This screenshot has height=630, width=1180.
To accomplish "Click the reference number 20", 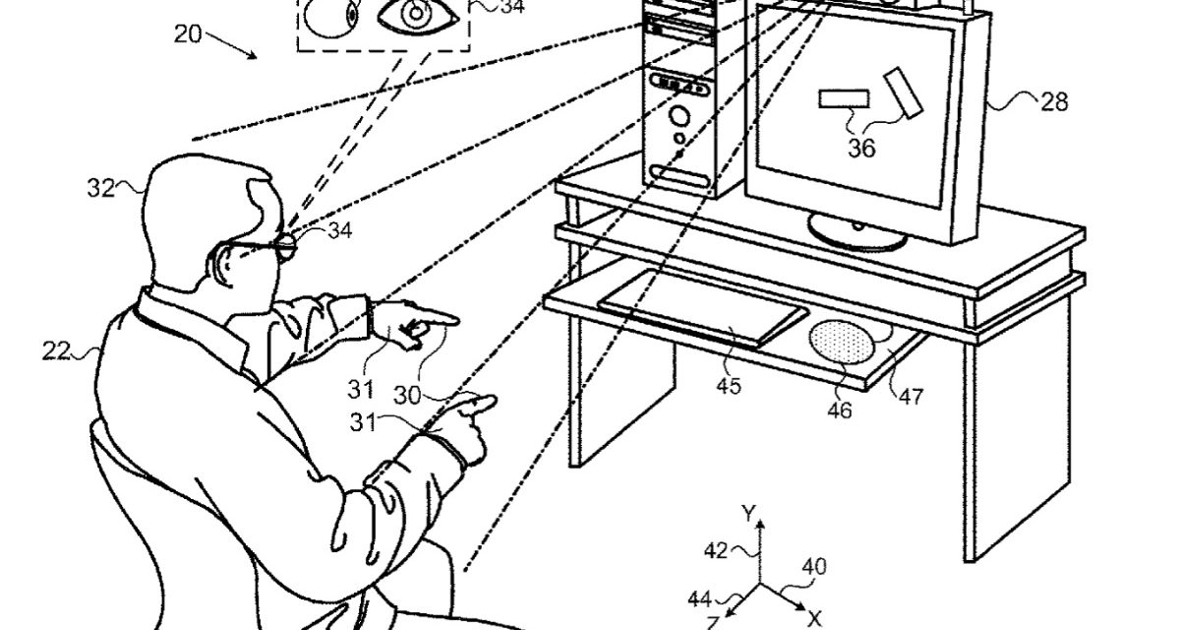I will click(x=189, y=34).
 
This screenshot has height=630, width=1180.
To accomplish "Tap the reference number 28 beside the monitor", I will click(x=1052, y=102).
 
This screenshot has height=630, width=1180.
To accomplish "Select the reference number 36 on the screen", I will click(x=861, y=149).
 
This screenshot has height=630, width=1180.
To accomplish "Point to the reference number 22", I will click(x=58, y=348).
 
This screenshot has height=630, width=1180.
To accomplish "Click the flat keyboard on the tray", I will click(x=704, y=306).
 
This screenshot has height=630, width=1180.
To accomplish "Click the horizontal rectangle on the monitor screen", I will click(x=845, y=98).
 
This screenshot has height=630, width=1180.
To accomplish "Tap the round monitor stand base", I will click(x=856, y=229).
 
